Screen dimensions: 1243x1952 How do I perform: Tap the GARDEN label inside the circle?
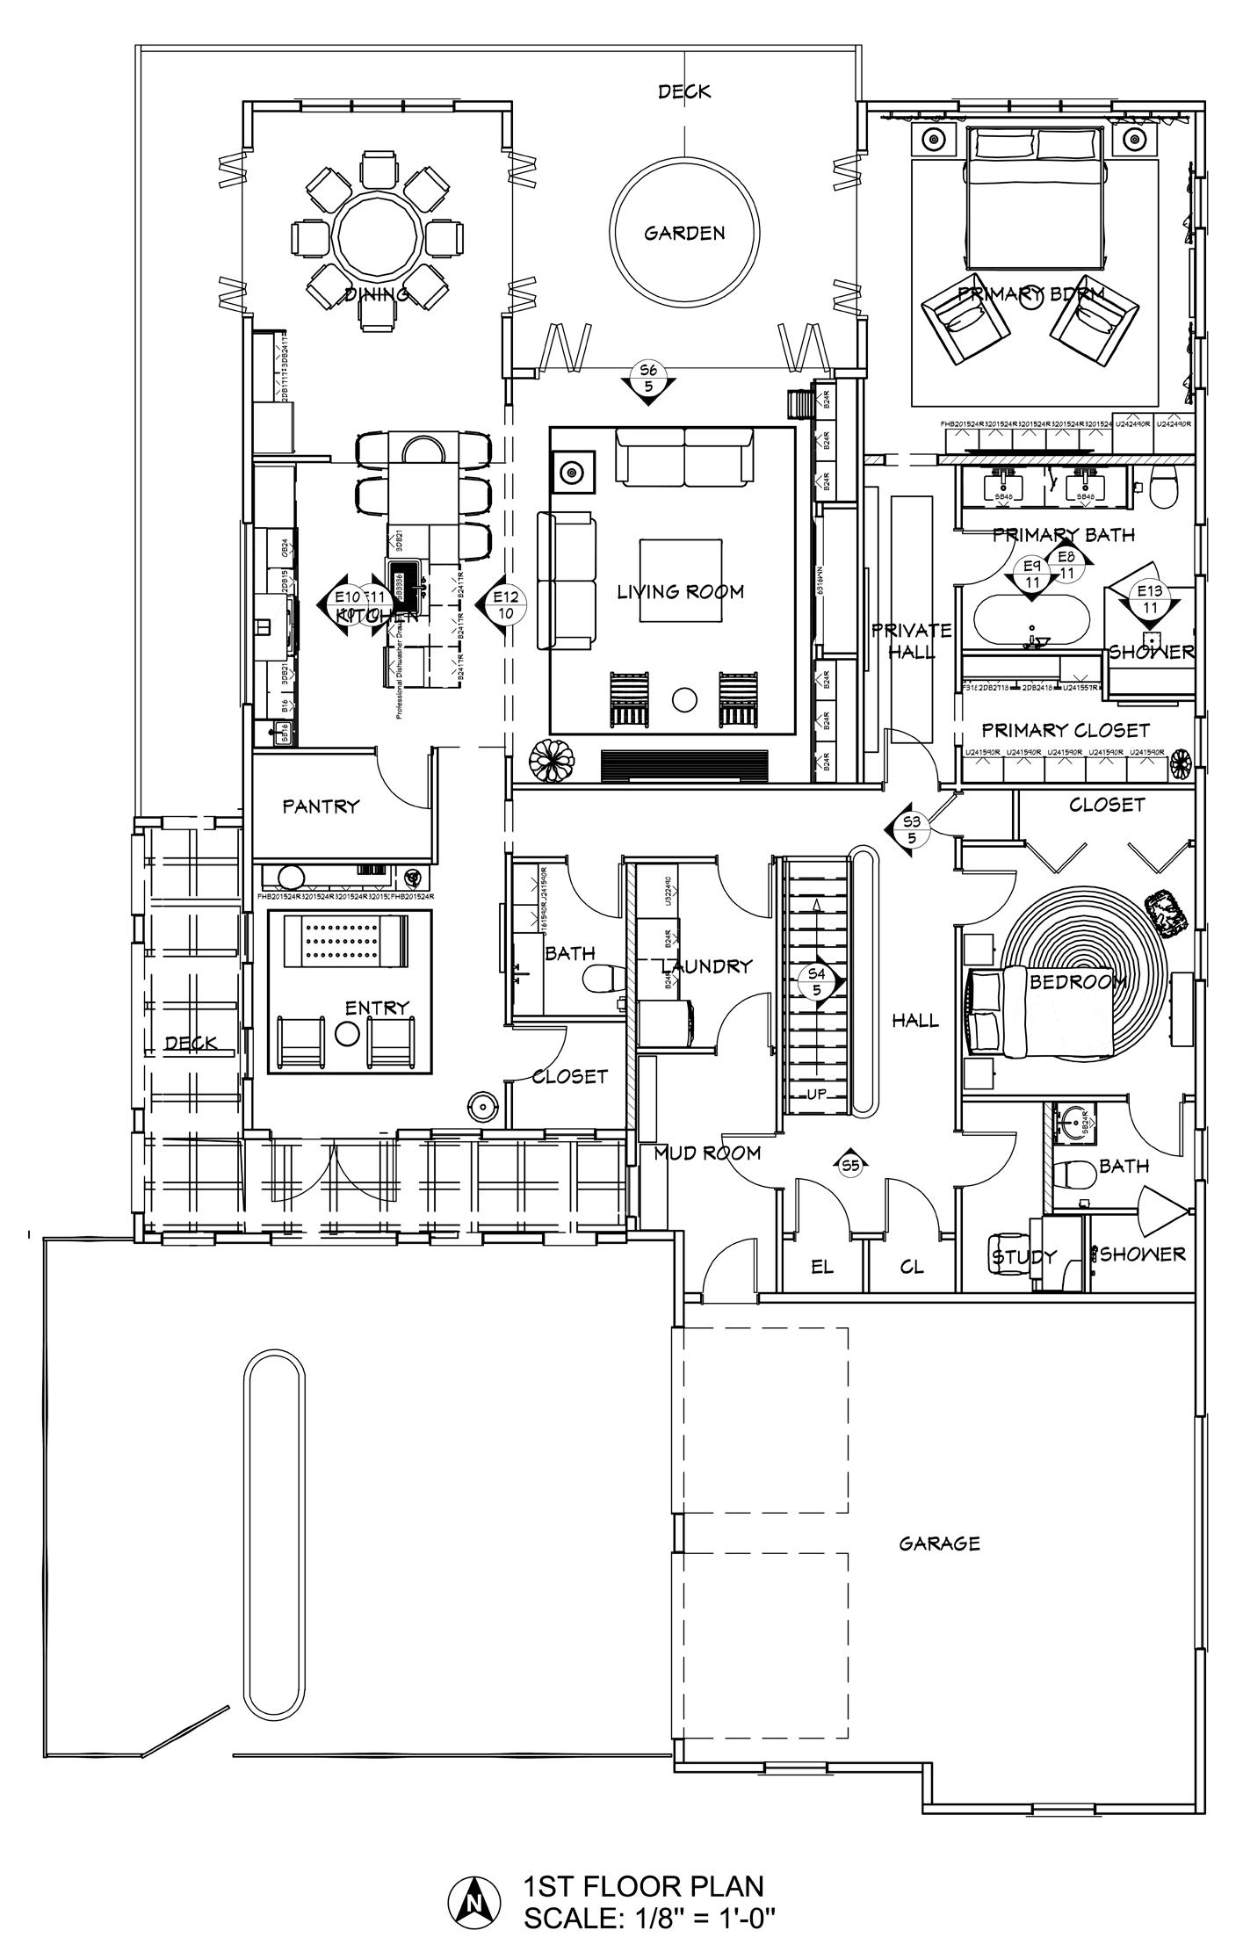[684, 233]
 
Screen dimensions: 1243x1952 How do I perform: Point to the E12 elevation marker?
[505, 605]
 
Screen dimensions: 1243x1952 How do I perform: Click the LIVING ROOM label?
[680, 592]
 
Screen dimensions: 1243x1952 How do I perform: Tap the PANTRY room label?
[321, 806]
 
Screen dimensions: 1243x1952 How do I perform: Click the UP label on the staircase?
[818, 1095]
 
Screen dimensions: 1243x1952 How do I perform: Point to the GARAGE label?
[939, 1544]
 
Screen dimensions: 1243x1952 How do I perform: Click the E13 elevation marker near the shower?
[1149, 598]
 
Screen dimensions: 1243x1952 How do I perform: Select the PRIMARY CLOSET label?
[1065, 730]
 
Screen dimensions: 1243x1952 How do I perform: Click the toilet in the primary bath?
[1164, 484]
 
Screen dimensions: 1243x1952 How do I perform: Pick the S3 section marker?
[912, 828]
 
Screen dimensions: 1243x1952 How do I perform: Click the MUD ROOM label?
[707, 1153]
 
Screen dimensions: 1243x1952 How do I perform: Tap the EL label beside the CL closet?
[821, 1267]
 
